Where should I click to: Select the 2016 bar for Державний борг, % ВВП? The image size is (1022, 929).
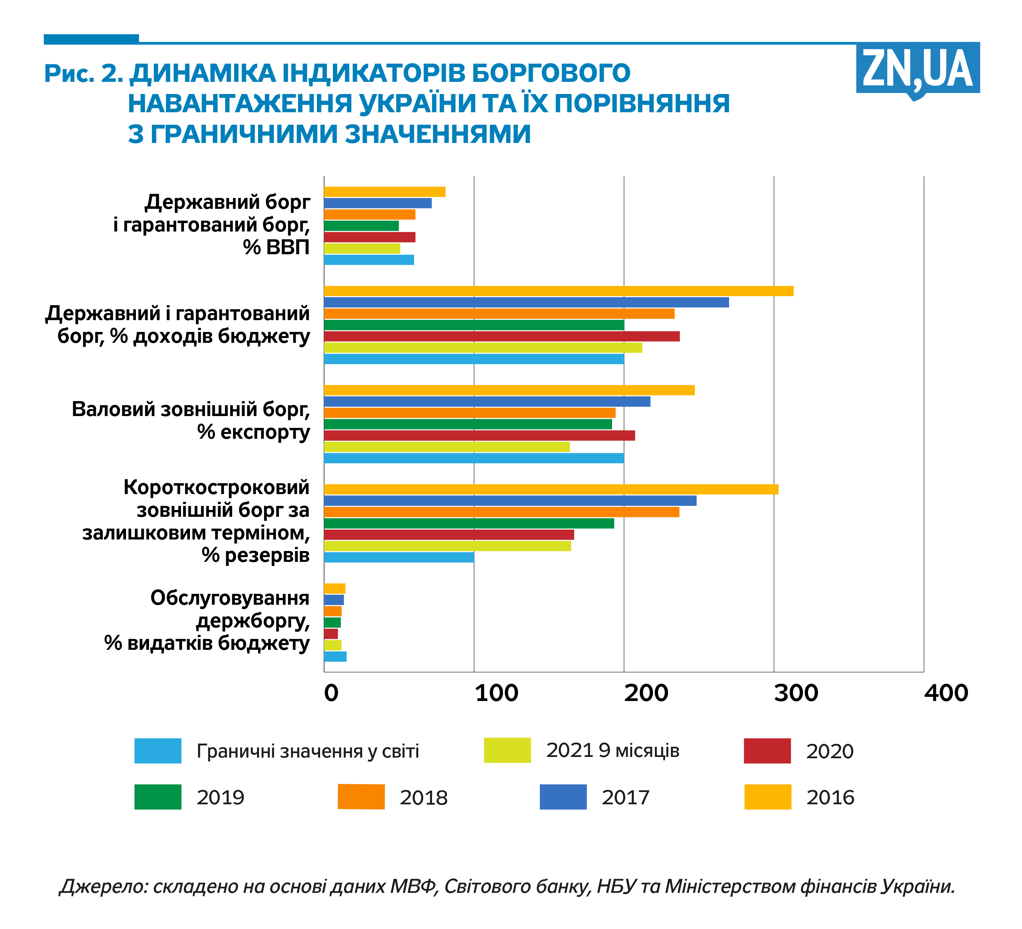[x=384, y=192]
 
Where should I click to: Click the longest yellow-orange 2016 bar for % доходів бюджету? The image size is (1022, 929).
[x=558, y=291]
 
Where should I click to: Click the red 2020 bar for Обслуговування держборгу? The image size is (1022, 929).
[x=331, y=634]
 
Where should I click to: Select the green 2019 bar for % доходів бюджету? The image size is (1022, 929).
[x=474, y=325]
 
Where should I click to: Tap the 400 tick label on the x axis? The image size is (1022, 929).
[x=946, y=693]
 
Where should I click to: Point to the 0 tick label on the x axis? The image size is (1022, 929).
[x=331, y=693]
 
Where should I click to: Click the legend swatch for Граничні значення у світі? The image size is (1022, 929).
[x=158, y=751]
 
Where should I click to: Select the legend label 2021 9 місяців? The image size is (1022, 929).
[x=612, y=751]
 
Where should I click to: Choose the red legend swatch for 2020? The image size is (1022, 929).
[x=767, y=751]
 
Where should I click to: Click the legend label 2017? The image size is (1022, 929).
[x=625, y=798]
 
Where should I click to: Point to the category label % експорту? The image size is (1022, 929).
[x=254, y=433]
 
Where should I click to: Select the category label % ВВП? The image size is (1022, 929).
[x=276, y=248]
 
